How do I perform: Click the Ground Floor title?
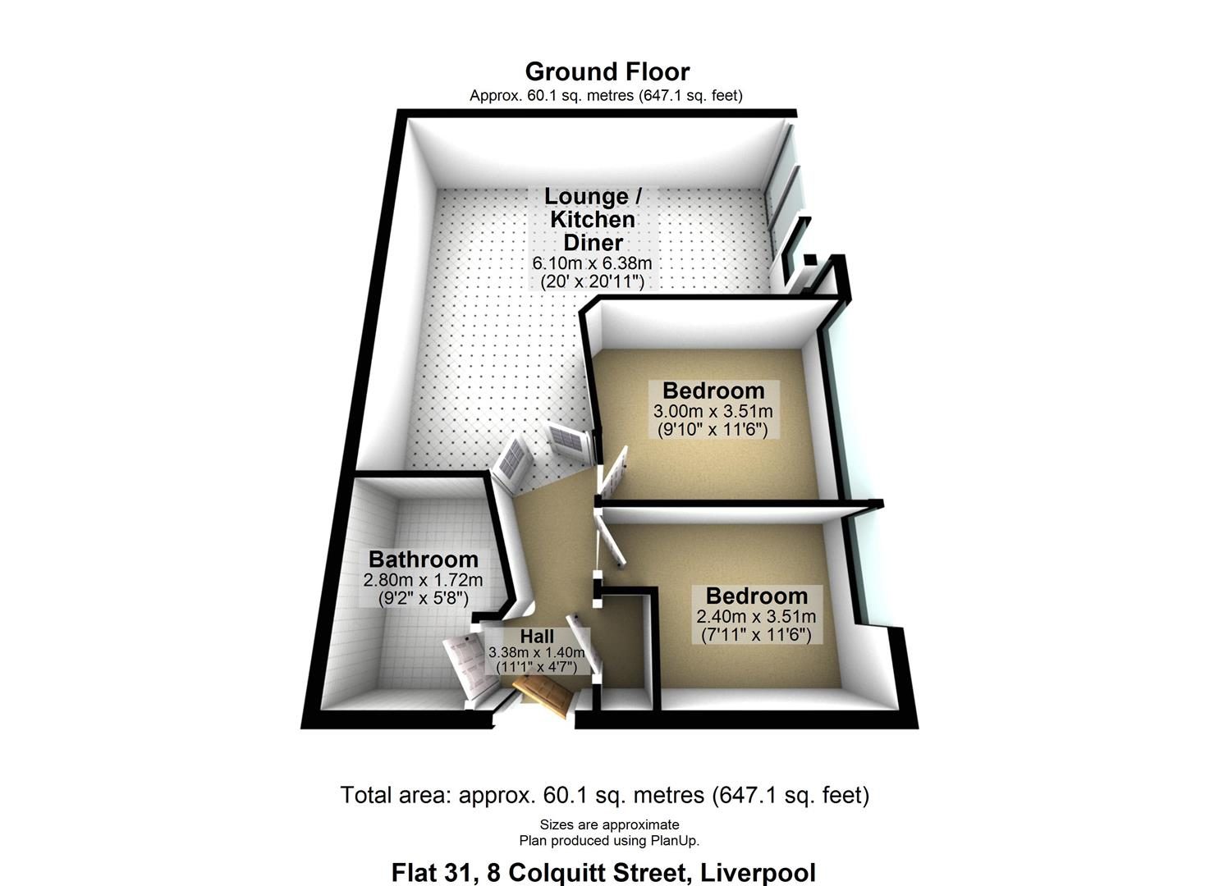[607, 72]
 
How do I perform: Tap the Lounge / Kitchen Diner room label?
[593, 220]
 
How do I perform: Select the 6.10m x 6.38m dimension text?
[592, 264]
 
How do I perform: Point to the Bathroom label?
[423, 559]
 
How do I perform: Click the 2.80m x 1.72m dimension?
[423, 580]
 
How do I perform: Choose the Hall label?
[537, 637]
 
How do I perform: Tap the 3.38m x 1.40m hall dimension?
[537, 652]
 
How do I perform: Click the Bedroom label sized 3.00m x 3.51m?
[713, 391]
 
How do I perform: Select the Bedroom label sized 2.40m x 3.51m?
[756, 596]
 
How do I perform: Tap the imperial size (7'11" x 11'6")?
[756, 635]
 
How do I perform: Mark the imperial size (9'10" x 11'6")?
[713, 430]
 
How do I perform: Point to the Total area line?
[605, 795]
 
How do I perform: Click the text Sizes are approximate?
[609, 824]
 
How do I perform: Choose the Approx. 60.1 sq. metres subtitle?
[552, 96]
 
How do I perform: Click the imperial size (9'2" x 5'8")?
[423, 599]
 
